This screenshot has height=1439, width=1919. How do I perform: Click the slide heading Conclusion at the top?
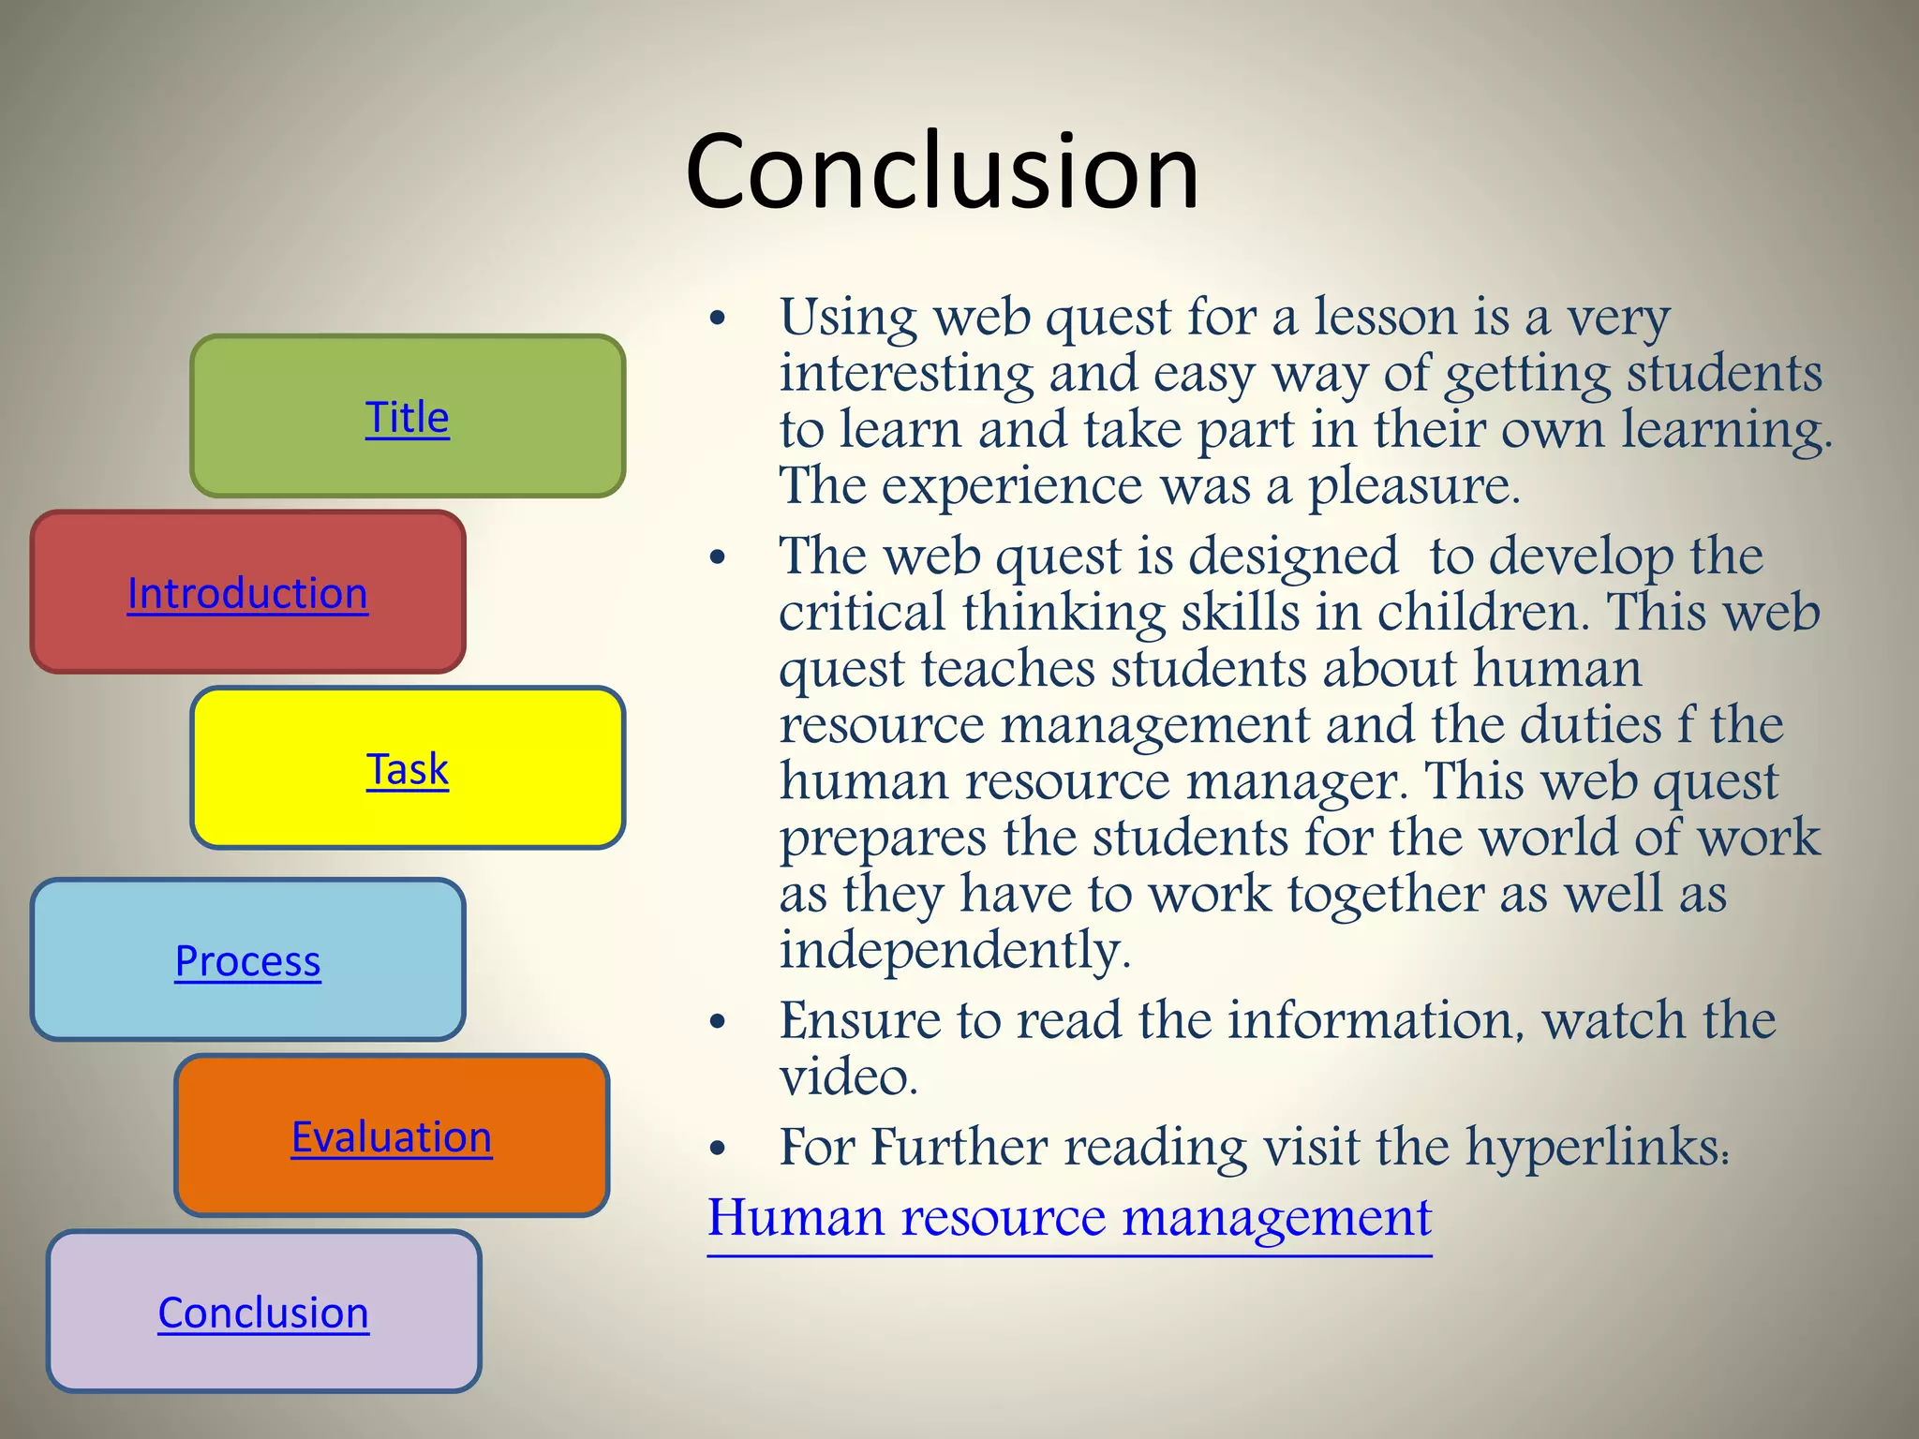point(942,171)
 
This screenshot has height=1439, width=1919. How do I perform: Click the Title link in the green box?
point(407,417)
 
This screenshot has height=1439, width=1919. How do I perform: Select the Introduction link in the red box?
point(247,593)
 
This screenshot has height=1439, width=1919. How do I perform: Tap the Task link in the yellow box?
point(407,769)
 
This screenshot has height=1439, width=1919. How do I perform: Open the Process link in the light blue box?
point(247,961)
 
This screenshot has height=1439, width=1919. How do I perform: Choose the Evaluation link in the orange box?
point(391,1137)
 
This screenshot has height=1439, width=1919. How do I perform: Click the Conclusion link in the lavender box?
point(263,1313)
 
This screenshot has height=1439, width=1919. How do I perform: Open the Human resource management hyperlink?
point(1069,1218)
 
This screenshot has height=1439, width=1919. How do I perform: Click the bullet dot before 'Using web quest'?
point(718,319)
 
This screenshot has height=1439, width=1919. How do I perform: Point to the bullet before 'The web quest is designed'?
point(718,558)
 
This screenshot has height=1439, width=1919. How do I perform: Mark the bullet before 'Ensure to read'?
point(718,1022)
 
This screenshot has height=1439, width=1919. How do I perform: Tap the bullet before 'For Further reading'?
point(718,1149)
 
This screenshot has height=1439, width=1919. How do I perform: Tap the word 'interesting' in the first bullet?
point(905,374)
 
